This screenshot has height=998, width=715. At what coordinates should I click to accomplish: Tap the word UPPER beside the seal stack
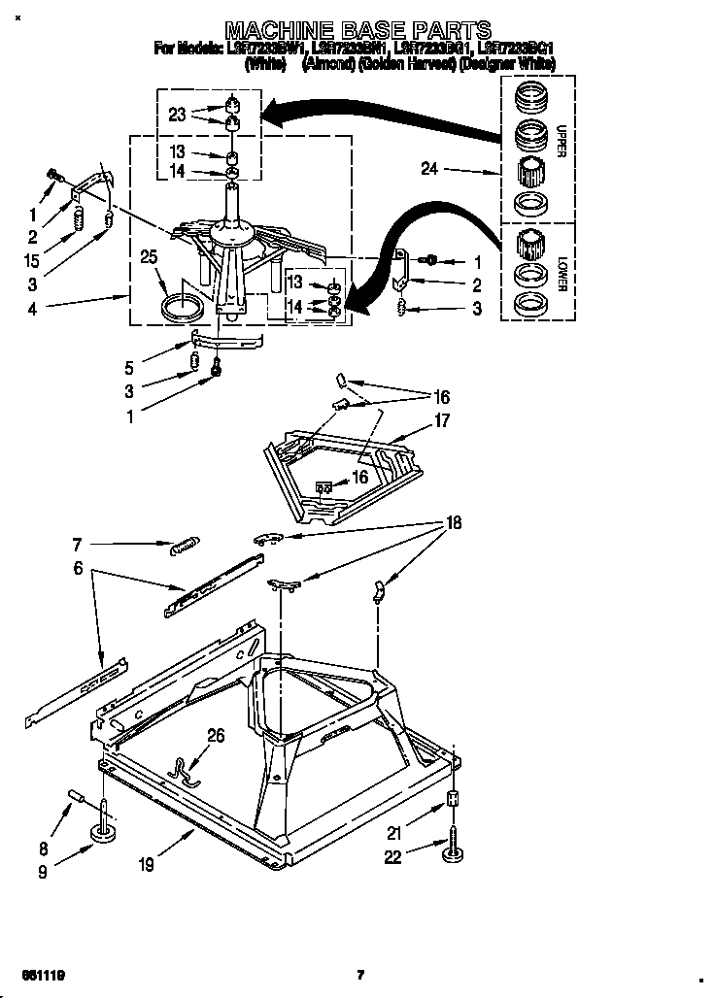(x=560, y=139)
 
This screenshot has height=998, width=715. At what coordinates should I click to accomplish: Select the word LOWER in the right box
(x=561, y=275)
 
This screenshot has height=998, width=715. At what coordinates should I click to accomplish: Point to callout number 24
(x=429, y=169)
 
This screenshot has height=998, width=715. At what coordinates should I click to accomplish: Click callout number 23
(x=177, y=114)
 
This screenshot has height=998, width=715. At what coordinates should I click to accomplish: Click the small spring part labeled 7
(x=185, y=548)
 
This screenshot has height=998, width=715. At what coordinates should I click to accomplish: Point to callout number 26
(x=216, y=736)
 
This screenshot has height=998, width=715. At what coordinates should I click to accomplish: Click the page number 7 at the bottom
(x=359, y=974)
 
